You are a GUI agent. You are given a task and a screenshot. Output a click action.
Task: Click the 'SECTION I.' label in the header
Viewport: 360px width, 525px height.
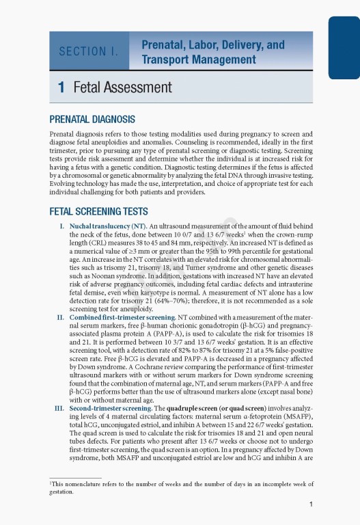89,51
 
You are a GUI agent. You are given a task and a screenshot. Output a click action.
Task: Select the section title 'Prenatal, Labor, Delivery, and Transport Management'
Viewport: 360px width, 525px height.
212,52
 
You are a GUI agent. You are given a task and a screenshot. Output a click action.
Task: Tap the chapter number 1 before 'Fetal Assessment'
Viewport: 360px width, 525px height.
61,87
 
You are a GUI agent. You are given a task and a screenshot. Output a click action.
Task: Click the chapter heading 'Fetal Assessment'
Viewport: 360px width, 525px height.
122,87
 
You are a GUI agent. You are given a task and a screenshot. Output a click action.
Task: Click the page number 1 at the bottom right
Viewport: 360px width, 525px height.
311,505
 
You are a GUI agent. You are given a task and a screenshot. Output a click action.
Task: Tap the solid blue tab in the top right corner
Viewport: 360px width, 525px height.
344,48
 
